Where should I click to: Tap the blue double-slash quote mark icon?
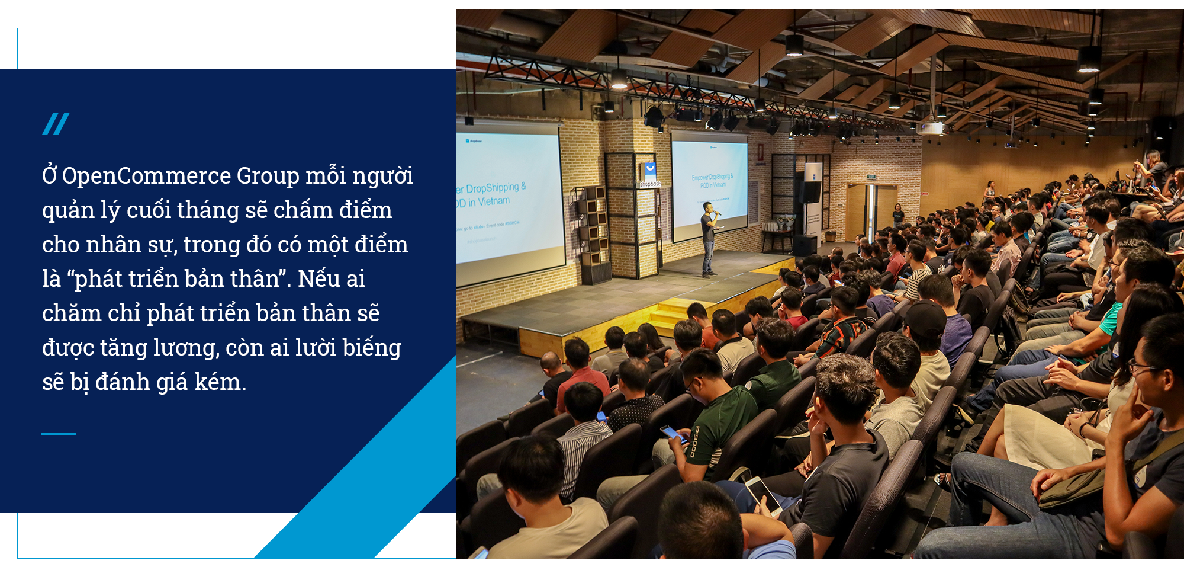[56, 123]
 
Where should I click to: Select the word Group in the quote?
[268, 176]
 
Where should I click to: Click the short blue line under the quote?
[59, 434]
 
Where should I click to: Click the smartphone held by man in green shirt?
[674, 434]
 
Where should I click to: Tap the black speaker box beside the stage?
[809, 192]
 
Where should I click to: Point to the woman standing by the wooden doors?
[898, 216]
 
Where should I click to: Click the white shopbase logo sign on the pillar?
[650, 172]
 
